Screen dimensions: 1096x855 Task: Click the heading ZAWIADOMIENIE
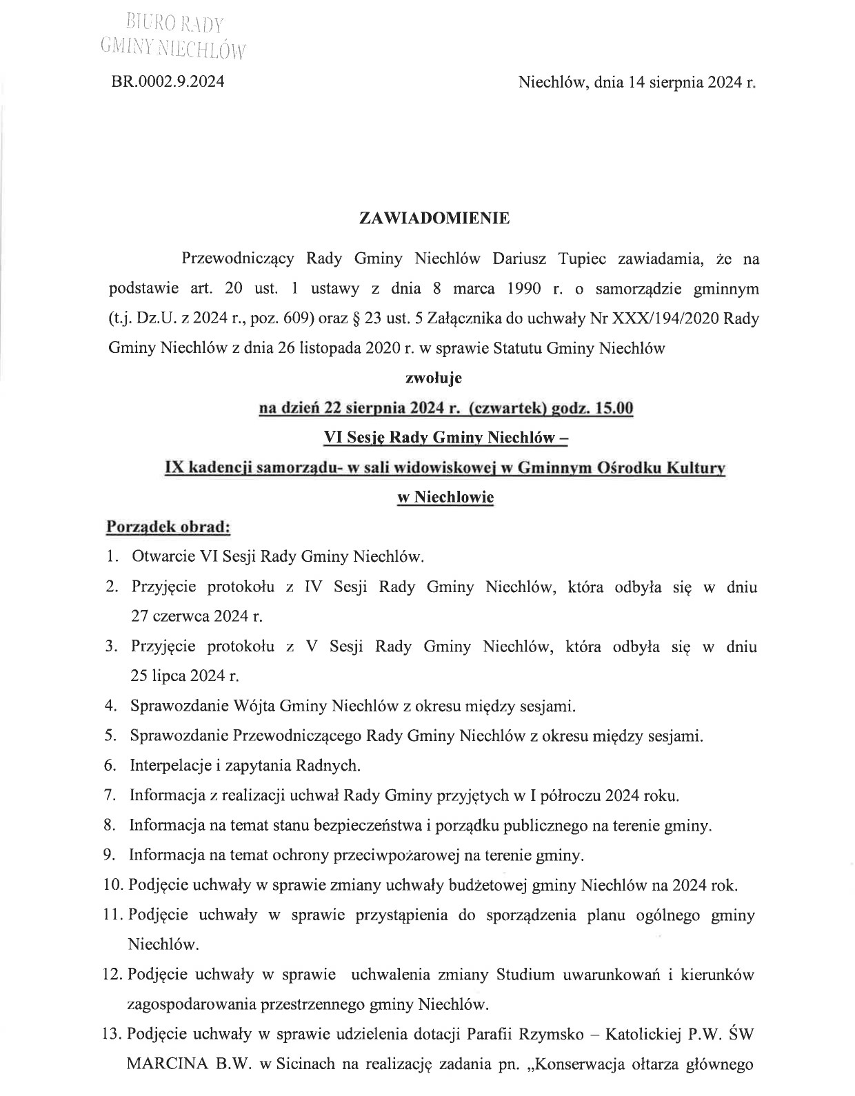434,219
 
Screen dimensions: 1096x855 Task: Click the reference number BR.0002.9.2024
168,82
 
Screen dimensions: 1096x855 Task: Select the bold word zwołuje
434,378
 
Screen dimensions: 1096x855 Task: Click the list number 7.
109,795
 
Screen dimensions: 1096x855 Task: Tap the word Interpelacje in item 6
168,765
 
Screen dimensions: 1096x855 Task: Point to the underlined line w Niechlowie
445,497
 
